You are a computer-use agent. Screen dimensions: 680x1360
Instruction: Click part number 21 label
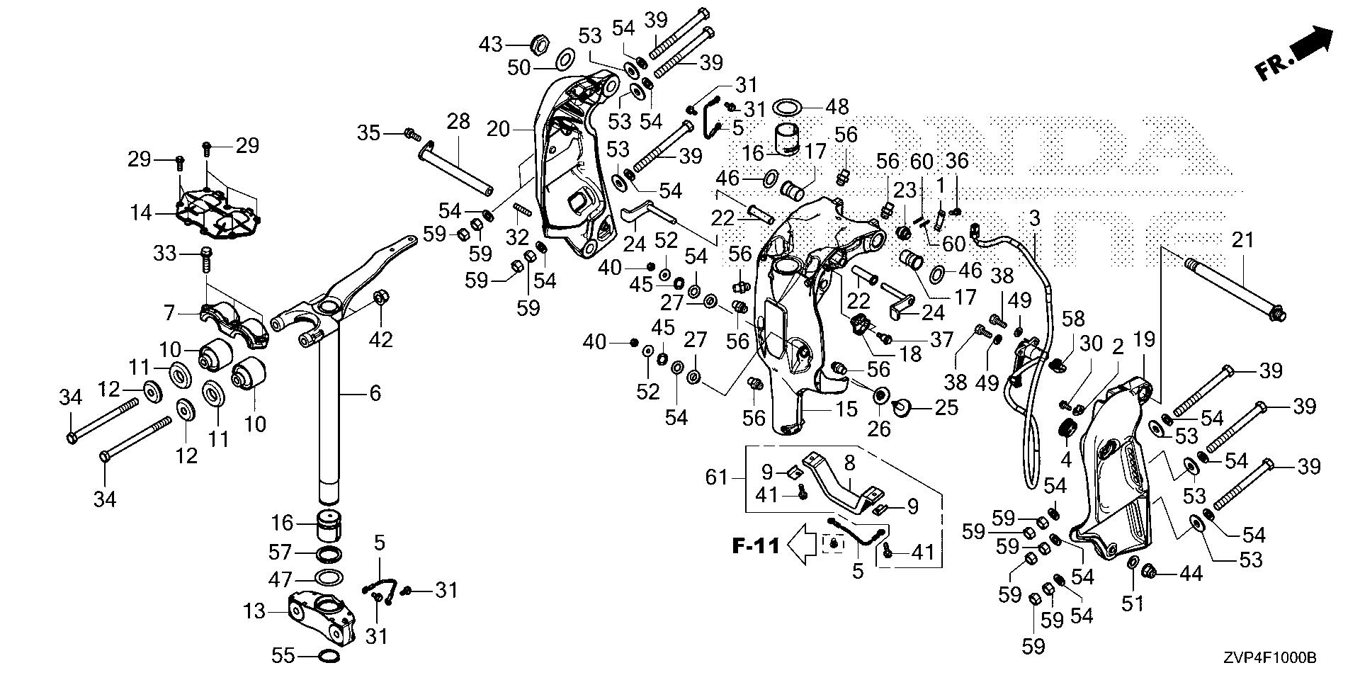(1242, 240)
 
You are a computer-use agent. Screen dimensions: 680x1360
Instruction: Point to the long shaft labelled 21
(1232, 288)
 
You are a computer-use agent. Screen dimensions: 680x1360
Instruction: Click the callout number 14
(141, 212)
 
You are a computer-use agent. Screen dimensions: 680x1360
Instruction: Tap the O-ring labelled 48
(786, 108)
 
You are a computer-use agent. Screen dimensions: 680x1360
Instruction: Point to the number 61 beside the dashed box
(716, 477)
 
